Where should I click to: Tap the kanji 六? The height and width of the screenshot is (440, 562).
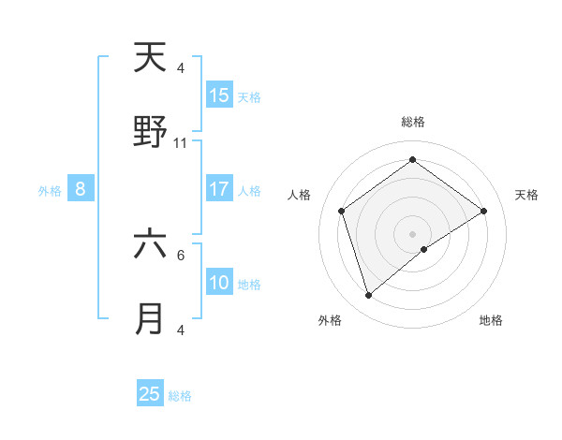click(150, 244)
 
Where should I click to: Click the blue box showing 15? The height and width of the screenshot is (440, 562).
click(219, 95)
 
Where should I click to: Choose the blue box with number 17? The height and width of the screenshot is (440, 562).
click(219, 189)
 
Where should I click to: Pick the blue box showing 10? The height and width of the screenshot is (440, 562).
click(219, 283)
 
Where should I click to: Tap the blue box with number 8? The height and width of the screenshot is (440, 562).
click(81, 189)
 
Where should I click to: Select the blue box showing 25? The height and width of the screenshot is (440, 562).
click(150, 394)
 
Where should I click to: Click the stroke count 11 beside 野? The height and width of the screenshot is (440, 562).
click(181, 143)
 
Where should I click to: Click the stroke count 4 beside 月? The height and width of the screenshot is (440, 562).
click(181, 330)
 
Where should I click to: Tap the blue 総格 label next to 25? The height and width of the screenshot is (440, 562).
click(181, 396)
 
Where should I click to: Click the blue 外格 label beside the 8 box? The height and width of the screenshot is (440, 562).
click(50, 191)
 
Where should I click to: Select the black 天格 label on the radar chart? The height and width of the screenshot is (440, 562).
click(526, 195)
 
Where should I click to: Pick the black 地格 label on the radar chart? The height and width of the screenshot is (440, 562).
click(491, 320)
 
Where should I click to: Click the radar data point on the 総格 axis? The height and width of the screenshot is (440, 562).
click(412, 160)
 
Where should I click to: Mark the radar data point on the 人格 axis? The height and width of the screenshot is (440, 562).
click(342, 211)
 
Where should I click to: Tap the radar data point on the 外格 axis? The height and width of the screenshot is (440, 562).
click(369, 296)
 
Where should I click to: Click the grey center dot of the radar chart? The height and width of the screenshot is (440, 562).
click(412, 233)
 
